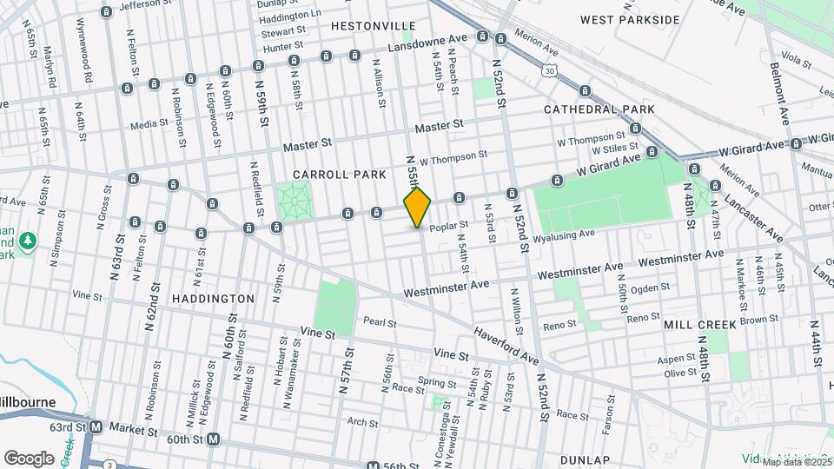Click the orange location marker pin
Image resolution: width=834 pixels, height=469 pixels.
(417, 207)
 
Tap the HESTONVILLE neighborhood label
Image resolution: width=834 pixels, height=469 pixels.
(373, 26)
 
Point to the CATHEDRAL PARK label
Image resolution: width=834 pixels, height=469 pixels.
(599, 109)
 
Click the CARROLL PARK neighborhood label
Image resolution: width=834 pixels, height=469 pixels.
(339, 175)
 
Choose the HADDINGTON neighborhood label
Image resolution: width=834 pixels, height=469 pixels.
(213, 298)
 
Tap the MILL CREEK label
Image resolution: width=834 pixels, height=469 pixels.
(699, 324)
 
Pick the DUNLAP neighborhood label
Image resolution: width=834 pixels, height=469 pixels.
(610, 459)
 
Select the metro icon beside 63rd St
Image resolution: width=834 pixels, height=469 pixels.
(96, 427)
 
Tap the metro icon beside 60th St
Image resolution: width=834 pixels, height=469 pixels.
(212, 439)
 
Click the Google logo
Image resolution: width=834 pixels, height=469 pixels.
(29, 458)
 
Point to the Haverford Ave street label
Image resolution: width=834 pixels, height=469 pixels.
(506, 344)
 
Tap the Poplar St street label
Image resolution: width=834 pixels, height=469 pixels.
(449, 225)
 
